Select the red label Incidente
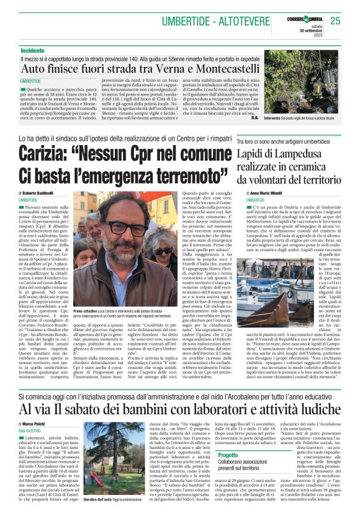tap(32, 50)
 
